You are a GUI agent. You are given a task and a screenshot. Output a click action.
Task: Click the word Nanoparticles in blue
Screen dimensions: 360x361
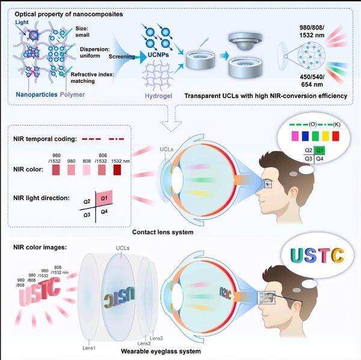[31, 94]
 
